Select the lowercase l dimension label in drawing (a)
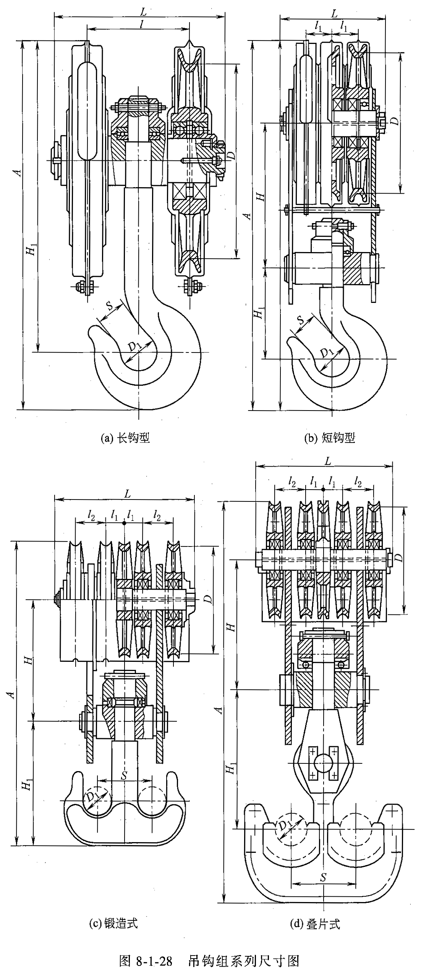tap(142, 24)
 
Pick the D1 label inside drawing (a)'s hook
tap(134, 347)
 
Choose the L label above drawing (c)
tap(127, 494)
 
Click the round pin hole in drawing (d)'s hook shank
tap(323, 763)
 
